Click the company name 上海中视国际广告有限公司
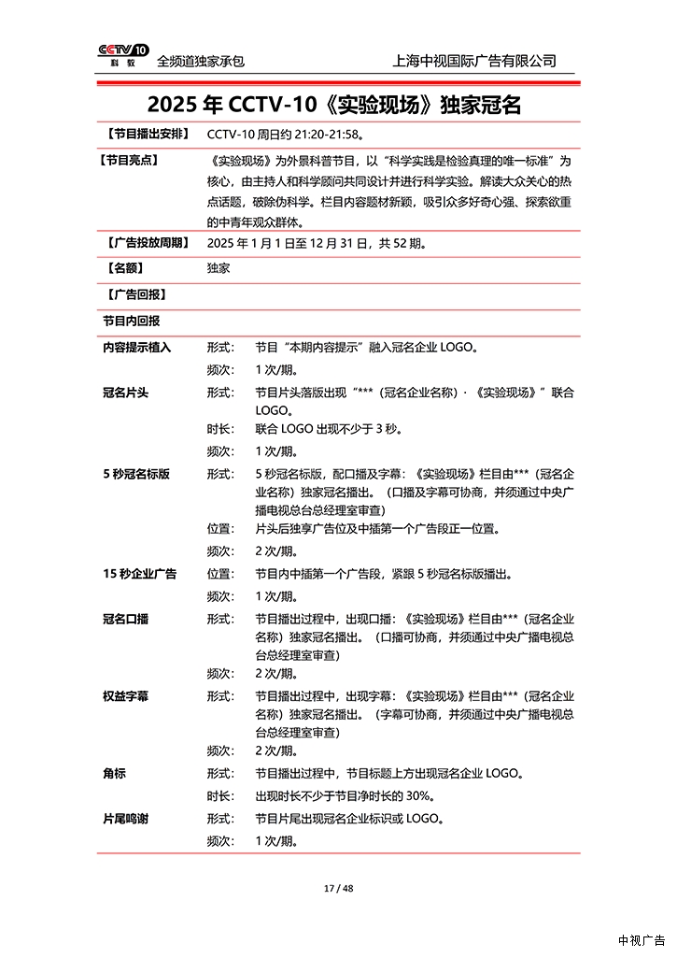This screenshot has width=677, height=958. [x=475, y=61]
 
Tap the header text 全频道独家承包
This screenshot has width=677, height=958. [x=201, y=61]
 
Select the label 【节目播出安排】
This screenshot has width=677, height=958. [x=147, y=135]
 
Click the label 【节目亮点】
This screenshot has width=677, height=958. [x=128, y=160]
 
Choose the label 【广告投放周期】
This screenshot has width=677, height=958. [x=147, y=243]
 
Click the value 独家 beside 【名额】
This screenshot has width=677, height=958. [x=219, y=268]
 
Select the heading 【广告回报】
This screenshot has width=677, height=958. [x=134, y=294]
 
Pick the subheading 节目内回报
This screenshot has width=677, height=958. [x=132, y=321]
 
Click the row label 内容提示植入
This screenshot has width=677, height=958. [x=137, y=348]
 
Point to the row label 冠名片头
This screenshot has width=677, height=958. [x=126, y=393]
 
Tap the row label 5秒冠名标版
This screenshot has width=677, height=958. [x=136, y=474]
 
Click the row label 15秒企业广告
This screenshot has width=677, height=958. [x=140, y=574]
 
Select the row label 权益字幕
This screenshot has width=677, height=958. [x=126, y=696]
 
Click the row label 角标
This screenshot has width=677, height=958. [x=115, y=774]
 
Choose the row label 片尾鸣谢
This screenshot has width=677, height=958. [x=126, y=819]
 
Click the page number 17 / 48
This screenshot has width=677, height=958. [x=338, y=888]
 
